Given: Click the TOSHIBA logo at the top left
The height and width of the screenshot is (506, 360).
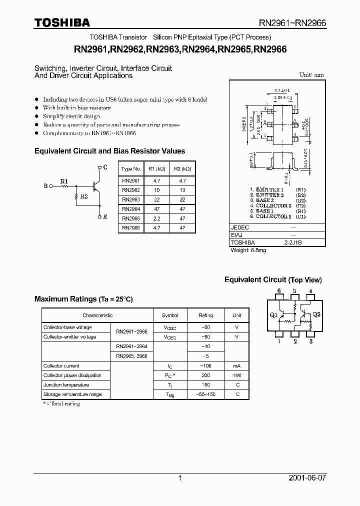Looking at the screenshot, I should pyautogui.click(x=62, y=22).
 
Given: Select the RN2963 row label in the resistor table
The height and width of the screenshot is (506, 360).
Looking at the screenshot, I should pyautogui.click(x=131, y=199).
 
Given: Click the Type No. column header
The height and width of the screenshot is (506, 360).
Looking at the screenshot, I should pyautogui.click(x=131, y=169).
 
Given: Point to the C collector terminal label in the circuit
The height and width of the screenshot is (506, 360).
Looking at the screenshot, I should pyautogui.click(x=105, y=167).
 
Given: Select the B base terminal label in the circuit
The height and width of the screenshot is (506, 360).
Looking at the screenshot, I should pyautogui.click(x=45, y=186).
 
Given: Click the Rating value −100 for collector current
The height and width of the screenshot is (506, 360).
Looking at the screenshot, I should pyautogui.click(x=205, y=366).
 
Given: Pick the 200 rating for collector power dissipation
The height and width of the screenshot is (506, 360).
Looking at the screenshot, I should pyautogui.click(x=205, y=375).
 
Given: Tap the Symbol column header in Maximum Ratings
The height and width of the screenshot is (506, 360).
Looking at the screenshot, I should pyautogui.click(x=170, y=315).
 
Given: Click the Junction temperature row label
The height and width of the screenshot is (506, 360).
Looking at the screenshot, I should pyautogui.click(x=66, y=385).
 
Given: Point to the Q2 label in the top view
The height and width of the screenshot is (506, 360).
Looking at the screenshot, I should pyautogui.click(x=316, y=315).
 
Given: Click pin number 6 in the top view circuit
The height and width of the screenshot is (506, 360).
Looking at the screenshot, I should pyautogui.click(x=279, y=291).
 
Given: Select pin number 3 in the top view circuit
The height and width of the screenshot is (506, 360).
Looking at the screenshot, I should pyautogui.click(x=311, y=341).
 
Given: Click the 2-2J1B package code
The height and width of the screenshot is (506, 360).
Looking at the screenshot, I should pyautogui.click(x=293, y=242).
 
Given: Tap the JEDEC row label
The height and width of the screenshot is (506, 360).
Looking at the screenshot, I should pyautogui.click(x=239, y=227).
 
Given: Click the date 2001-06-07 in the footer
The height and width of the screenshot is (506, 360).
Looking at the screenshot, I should pyautogui.click(x=307, y=478).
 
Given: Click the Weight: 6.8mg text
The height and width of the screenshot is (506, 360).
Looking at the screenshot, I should pyautogui.click(x=248, y=250).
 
